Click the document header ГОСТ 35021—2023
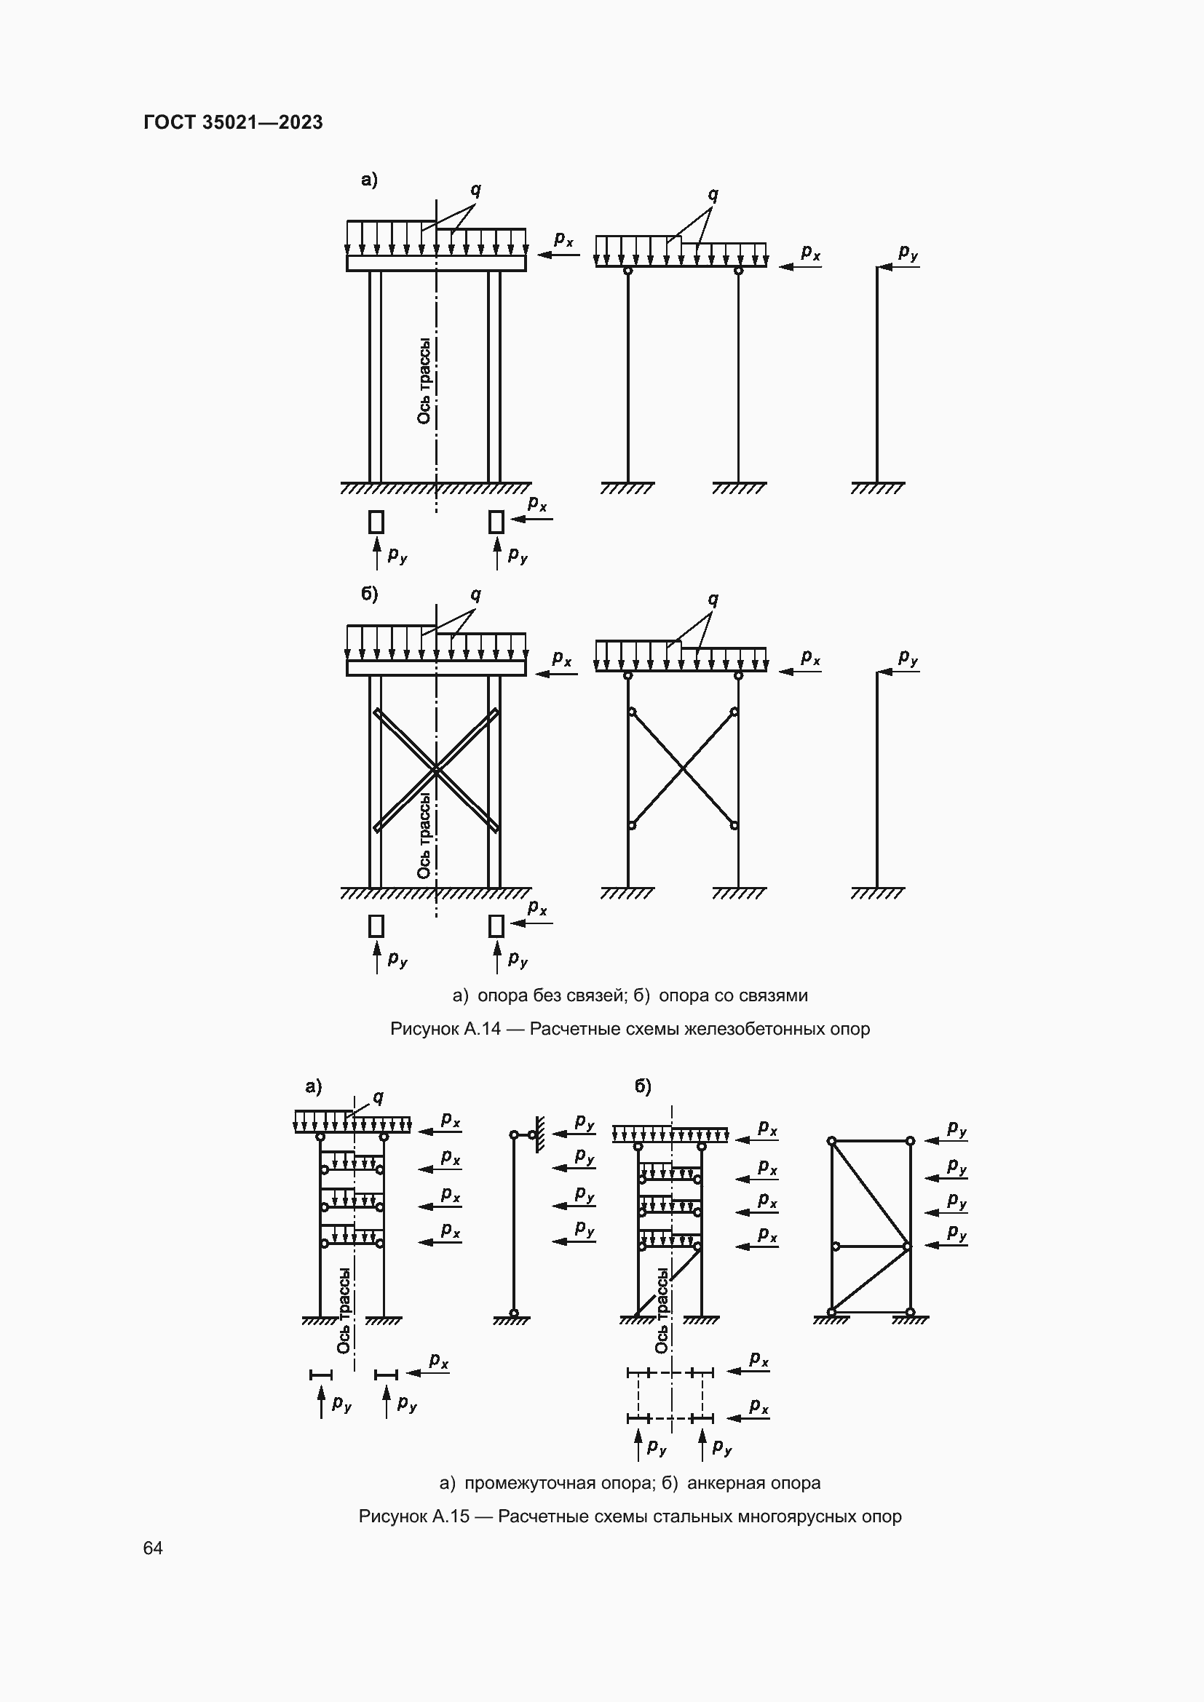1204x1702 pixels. click(x=233, y=122)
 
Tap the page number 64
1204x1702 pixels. click(x=153, y=1548)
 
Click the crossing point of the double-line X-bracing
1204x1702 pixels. click(x=436, y=771)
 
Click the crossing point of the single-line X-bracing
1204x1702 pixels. click(x=683, y=768)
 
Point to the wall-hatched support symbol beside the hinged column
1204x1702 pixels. click(x=539, y=1135)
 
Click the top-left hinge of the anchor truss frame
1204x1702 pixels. click(x=832, y=1141)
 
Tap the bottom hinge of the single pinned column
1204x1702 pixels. click(x=514, y=1313)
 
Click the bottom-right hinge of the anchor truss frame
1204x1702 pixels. click(x=910, y=1312)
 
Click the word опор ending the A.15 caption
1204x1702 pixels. click(x=881, y=1516)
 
